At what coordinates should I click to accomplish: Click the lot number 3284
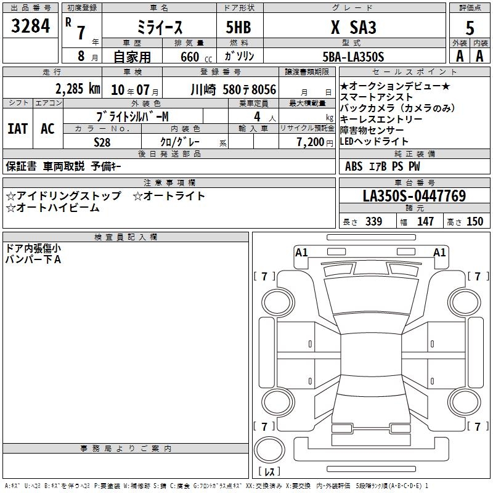pos(30,26)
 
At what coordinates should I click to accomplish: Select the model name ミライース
pos(160,27)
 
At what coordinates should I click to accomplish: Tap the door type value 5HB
pos(238,27)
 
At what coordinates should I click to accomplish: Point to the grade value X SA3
pos(353,27)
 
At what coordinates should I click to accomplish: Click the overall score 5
pos(470,28)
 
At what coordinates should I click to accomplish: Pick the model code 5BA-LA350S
pos(353,57)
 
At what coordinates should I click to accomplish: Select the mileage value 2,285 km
pos(78,89)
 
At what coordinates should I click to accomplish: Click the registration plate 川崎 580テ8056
pos(234,90)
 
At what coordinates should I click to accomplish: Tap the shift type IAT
pos(18,129)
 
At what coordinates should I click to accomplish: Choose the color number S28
pos(102,142)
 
